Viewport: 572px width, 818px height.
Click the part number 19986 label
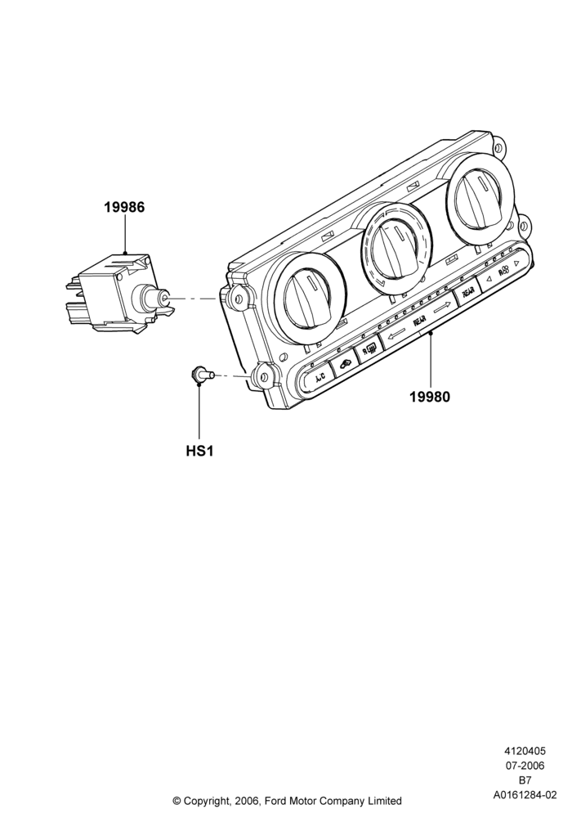point(124,208)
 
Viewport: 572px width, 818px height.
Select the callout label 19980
point(430,397)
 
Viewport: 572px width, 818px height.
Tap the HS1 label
point(200,451)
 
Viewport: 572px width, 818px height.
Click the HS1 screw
point(202,374)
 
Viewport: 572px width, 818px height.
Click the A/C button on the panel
point(319,375)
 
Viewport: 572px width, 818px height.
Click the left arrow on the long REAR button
point(397,334)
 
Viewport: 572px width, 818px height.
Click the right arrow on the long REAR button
point(442,309)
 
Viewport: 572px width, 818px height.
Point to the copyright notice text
point(287,800)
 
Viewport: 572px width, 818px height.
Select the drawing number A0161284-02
point(525,795)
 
